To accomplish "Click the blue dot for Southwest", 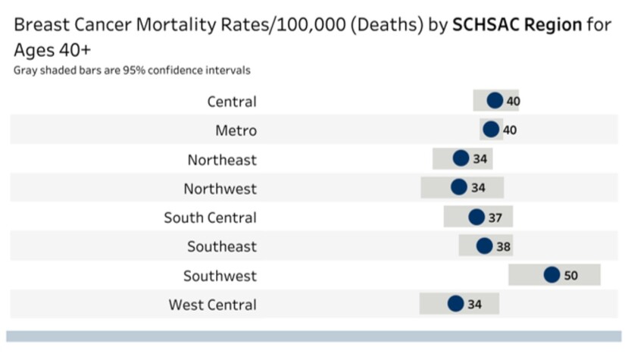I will point(552,275).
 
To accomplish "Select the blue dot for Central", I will point(495,101).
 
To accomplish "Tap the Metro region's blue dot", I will point(492,130).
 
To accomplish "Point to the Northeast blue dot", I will point(461,158).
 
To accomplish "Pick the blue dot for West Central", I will point(455,304).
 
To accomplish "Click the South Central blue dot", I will point(477,218).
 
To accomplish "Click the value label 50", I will point(570,276).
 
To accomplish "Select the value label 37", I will point(495,218).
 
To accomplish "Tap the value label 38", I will point(504,247).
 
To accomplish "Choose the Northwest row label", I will point(220,189).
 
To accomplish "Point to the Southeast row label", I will point(222,247).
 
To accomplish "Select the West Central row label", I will point(212,305).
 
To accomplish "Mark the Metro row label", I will point(236,130).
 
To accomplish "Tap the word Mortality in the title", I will point(173,24).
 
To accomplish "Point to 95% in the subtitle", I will point(130,70).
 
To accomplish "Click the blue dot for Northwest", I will point(459,187).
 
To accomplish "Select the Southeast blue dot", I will point(484,246).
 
